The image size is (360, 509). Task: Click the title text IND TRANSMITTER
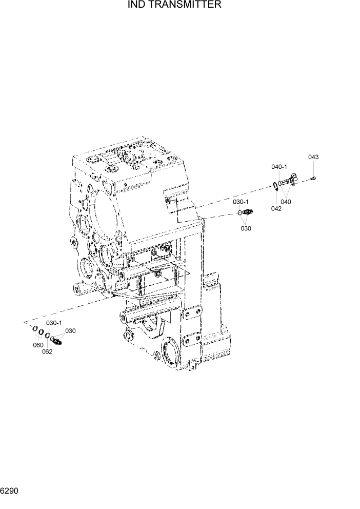[x=174, y=5]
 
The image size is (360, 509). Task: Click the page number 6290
[x=10, y=491]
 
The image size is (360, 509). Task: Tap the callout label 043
[x=313, y=157]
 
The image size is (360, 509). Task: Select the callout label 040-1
[x=279, y=167]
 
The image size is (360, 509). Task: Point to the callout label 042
[x=276, y=208]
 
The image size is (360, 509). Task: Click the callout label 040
[x=286, y=202]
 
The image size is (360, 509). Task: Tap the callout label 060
[x=38, y=345]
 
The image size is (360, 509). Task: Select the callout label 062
[x=47, y=351]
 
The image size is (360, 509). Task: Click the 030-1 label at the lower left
[x=54, y=323]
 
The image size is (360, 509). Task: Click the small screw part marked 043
[x=313, y=179]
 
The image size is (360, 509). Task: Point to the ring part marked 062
[x=47, y=336]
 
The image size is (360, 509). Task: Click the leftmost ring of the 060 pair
[x=35, y=329]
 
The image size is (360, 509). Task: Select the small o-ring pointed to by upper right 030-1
[x=239, y=212]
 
